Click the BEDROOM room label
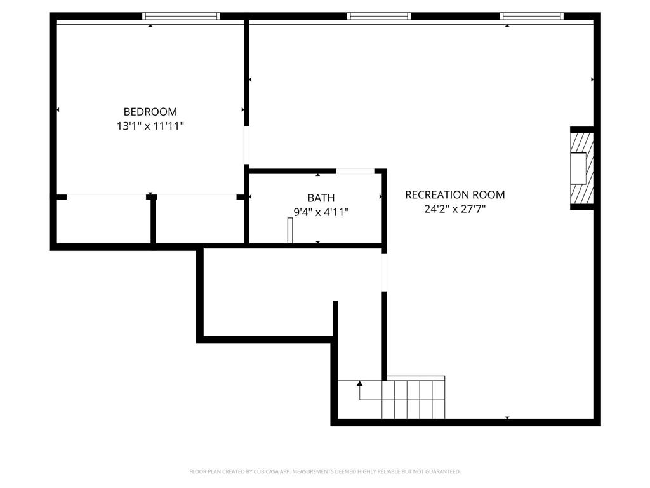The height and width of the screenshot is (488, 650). coord(150,112)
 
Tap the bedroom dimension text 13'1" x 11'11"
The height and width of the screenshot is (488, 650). coord(150,126)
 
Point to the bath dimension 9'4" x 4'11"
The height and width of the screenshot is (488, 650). coord(321,212)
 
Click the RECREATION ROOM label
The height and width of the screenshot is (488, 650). coord(454,194)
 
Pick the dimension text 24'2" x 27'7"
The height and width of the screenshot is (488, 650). coord(454,208)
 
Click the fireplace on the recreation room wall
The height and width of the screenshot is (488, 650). coord(580,168)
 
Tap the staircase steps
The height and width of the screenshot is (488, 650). coord(413,399)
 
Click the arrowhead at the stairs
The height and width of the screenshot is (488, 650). coord(359,383)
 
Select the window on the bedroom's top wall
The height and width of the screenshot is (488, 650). coord(181,16)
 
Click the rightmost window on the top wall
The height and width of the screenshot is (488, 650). coord(531,16)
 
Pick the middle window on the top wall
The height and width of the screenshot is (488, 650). coord(379,16)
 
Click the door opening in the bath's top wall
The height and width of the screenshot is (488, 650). coord(355,171)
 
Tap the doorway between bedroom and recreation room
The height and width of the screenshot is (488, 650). coord(246,146)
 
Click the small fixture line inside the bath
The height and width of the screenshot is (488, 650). coord(289,230)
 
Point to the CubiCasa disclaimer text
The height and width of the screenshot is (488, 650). coord(325,471)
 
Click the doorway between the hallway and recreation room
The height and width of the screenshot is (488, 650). coord(384,272)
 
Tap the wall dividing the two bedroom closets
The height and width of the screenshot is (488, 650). coord(153,221)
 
